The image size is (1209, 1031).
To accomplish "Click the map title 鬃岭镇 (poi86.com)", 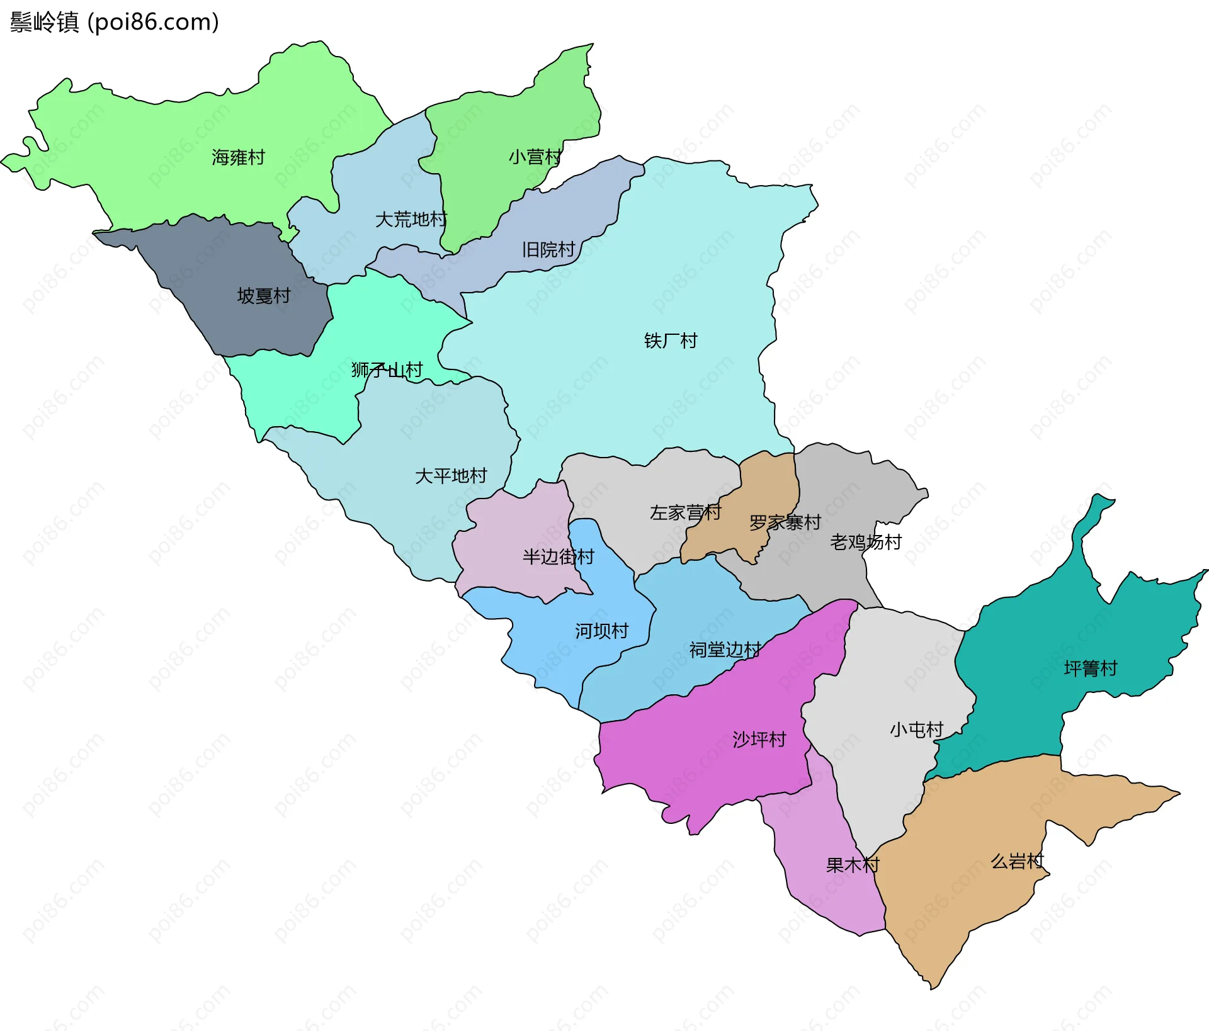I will coord(114,22).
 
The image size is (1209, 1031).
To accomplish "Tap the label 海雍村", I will coord(238,157).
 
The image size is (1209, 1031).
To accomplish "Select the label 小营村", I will coord(535,157).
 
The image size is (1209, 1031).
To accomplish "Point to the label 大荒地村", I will coord(411,220).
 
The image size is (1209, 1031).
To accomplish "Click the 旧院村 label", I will coord(548,250).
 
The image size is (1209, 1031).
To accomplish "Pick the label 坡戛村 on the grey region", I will coord(263,296).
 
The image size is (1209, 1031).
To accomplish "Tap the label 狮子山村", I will coord(387,369).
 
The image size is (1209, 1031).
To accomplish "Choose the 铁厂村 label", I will coord(671,341).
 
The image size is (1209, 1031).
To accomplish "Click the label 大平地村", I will coord(451,476).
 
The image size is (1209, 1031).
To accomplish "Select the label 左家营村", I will coord(685,512).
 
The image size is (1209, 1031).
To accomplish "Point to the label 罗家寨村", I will coord(785,522).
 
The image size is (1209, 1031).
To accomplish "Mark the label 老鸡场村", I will coord(865,542).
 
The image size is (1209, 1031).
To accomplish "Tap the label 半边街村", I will coord(558,556).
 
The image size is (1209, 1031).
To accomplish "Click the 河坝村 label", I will coord(601,631).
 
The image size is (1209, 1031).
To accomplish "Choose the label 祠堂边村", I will coord(725,650).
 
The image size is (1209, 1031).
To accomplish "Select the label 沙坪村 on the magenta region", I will coord(759,739).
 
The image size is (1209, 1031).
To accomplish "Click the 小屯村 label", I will coord(916,730).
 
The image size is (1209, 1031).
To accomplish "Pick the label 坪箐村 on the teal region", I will coord(1090,668).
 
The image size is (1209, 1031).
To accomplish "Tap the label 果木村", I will coord(852,865).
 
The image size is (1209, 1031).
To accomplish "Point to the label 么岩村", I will coord(1017,861).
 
